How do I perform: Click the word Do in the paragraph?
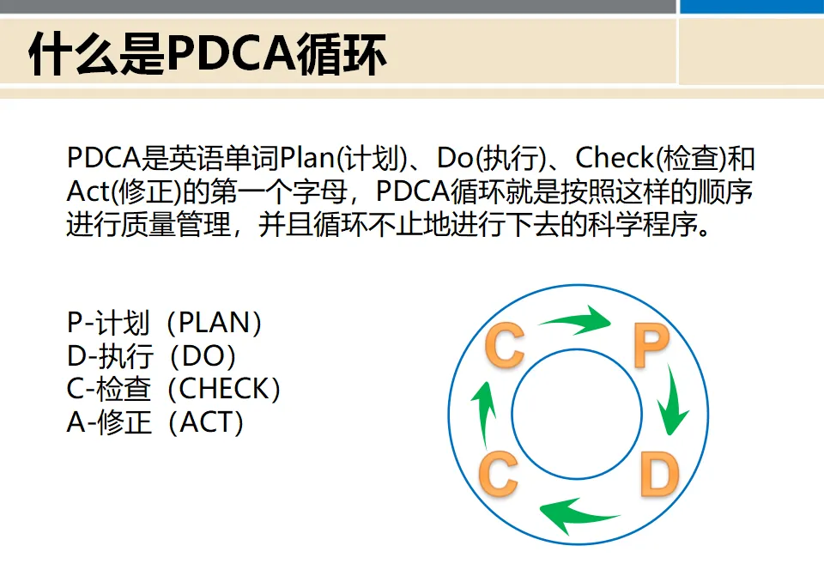454,159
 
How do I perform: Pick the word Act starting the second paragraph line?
86,191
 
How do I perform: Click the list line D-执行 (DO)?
151,355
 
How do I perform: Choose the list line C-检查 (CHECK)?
174,389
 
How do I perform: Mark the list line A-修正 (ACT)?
155,422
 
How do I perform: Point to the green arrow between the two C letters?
484,409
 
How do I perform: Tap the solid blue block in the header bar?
751,6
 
